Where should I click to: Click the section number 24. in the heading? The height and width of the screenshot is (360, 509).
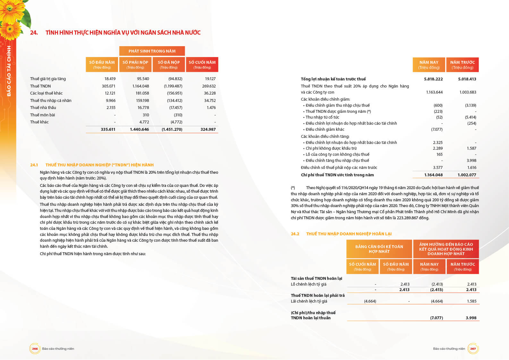click(34, 33)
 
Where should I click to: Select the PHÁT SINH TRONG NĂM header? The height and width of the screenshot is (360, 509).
click(152, 51)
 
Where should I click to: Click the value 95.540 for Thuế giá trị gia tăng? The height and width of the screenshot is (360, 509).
click(143, 79)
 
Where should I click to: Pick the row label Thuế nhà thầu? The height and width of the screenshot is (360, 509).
click(43, 108)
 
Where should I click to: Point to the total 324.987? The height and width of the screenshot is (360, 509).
click(208, 130)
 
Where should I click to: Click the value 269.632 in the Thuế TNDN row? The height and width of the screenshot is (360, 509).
click(209, 86)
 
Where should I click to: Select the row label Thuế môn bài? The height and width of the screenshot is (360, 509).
click(42, 115)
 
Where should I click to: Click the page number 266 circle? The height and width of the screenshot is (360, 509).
click(35, 349)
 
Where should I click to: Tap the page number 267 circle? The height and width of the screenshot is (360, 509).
click(473, 349)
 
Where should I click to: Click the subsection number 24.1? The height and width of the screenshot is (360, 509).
click(34, 165)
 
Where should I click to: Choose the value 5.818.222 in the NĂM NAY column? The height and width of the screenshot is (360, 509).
click(433, 79)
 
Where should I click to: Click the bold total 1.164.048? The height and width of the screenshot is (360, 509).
click(433, 175)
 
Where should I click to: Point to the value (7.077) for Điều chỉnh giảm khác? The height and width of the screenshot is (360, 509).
click(437, 130)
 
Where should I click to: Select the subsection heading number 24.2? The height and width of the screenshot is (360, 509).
click(295, 234)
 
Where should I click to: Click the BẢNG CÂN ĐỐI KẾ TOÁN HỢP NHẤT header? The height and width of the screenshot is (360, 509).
click(379, 249)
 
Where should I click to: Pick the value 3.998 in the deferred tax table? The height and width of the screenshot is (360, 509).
click(471, 318)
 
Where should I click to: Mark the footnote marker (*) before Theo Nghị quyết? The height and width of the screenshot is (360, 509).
click(293, 188)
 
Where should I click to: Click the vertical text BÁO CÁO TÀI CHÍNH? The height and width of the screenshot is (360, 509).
click(9, 71)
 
